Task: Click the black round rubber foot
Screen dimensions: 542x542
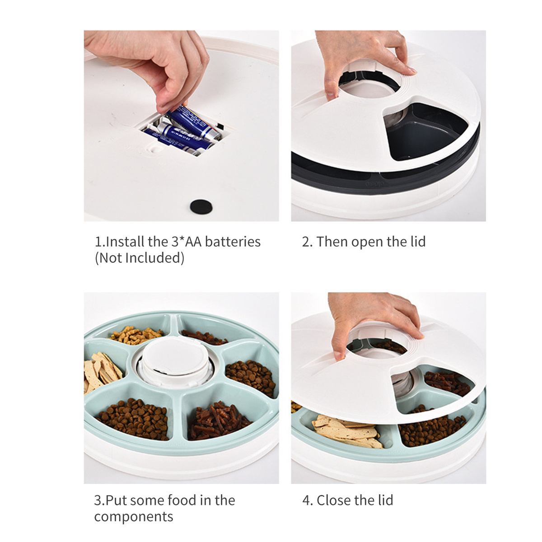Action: click(x=201, y=206)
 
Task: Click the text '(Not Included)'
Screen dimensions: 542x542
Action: click(x=140, y=258)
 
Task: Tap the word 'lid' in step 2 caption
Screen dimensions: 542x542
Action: click(x=418, y=242)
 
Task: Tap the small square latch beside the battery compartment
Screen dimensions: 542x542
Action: click(x=154, y=148)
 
